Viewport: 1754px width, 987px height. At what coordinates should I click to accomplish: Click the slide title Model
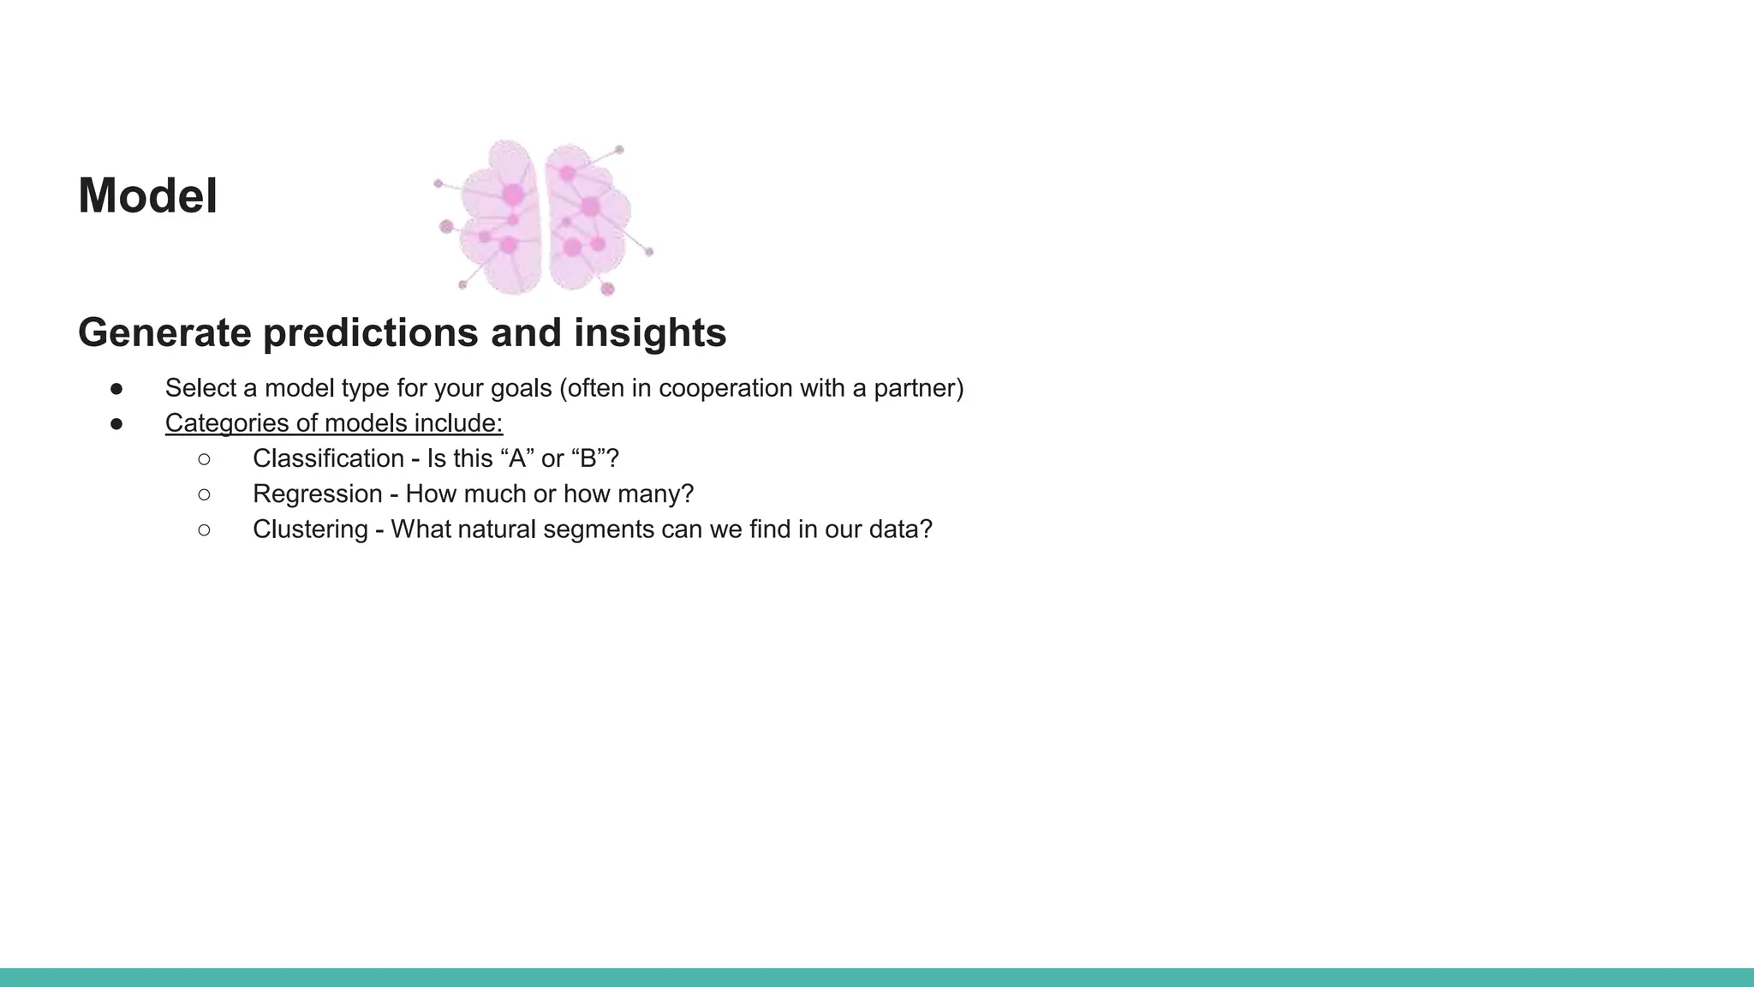147,196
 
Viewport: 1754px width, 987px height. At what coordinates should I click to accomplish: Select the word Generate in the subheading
164,332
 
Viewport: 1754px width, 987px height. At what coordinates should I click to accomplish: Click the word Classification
328,458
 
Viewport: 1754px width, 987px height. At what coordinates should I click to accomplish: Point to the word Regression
317,494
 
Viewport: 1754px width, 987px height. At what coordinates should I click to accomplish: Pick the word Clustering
310,529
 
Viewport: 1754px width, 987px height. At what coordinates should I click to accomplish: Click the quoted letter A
516,458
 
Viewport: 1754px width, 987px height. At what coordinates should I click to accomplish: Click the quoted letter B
588,458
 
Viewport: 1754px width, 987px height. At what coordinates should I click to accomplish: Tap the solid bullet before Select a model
116,389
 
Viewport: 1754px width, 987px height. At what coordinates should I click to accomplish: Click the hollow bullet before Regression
204,494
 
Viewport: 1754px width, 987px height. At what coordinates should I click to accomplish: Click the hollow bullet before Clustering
204,529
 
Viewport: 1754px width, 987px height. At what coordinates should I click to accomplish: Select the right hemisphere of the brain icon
586,219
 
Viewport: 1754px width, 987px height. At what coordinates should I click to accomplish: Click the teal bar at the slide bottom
877,978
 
